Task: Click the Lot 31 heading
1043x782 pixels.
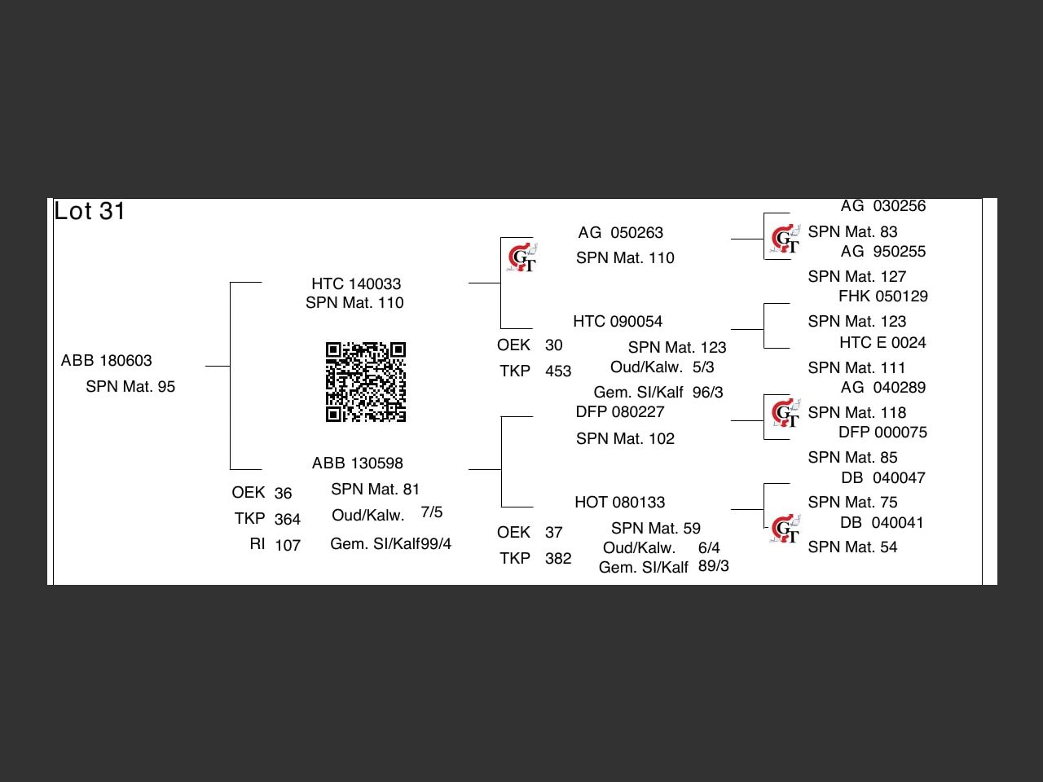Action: pos(90,211)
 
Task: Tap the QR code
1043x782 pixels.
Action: pos(366,382)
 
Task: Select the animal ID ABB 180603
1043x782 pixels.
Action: pos(107,360)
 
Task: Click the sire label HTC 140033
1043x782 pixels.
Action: pos(356,283)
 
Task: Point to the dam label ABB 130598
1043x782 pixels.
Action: pos(357,463)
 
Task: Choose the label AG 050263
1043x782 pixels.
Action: pos(620,233)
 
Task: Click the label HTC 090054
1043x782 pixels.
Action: pos(618,321)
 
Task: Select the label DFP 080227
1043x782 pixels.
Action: pos(619,412)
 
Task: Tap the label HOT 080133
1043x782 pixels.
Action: pos(619,502)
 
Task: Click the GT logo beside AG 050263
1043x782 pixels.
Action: pos(521,258)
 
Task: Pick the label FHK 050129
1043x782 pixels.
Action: pos(882,297)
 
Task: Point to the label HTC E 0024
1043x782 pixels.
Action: pos(882,342)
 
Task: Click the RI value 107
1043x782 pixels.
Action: pos(287,545)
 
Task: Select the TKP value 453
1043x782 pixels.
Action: pos(558,371)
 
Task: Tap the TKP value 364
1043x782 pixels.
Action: pos(287,519)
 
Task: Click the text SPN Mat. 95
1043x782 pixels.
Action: pos(130,386)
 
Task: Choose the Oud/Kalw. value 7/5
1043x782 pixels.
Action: pos(432,512)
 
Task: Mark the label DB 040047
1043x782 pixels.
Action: pos(882,477)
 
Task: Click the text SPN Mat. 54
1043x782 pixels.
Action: pos(852,547)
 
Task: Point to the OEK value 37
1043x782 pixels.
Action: pos(554,532)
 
